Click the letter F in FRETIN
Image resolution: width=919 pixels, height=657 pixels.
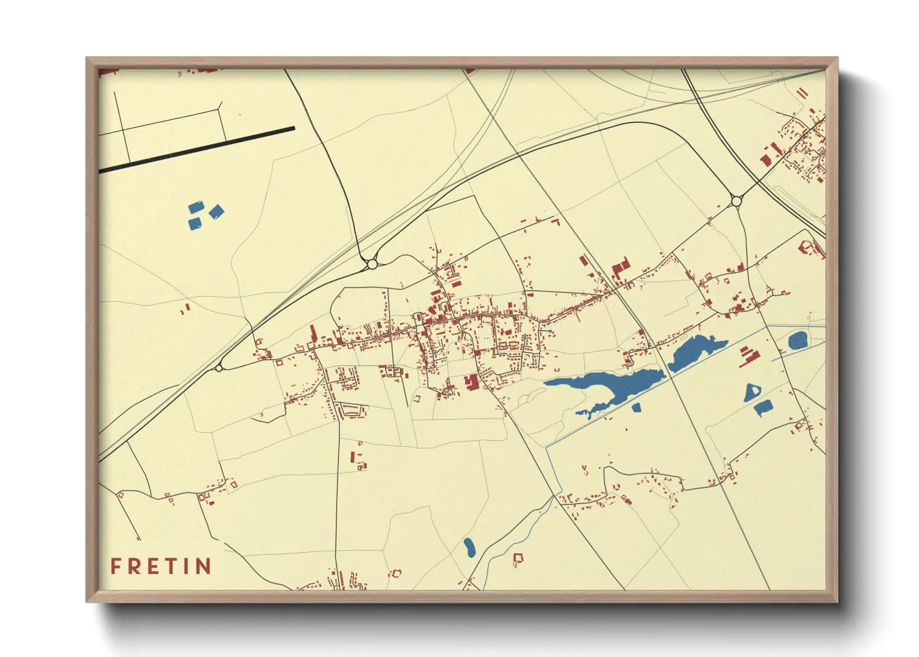[x=115, y=566]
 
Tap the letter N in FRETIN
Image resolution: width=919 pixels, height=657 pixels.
[x=203, y=566]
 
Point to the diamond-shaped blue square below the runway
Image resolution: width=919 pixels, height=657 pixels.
[x=216, y=212]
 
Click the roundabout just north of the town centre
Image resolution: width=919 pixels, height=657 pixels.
[x=372, y=264]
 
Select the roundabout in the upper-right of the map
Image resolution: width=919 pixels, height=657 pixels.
[x=736, y=201]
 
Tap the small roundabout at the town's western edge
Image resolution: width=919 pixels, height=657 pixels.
[x=219, y=368]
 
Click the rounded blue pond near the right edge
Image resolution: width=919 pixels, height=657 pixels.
[x=797, y=340]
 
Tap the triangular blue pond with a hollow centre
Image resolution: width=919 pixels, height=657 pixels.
[x=752, y=391]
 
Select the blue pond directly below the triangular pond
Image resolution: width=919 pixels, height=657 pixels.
[x=763, y=407]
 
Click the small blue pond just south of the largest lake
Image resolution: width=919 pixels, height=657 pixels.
[x=636, y=408]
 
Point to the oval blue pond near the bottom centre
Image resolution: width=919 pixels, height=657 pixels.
[x=469, y=547]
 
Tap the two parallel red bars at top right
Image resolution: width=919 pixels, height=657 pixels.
[x=802, y=93]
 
